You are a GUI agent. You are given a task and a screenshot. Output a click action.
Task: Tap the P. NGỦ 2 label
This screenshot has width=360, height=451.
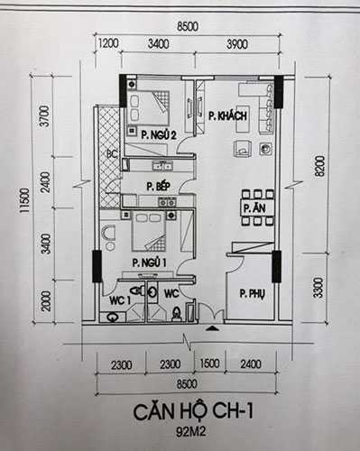tap(158, 133)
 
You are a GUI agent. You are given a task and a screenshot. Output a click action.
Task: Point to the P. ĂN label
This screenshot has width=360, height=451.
tap(252, 208)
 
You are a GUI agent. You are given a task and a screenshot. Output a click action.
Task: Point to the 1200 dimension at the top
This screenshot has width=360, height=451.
tap(109, 43)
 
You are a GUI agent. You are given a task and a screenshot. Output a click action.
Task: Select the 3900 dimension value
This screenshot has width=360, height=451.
tap(238, 43)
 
